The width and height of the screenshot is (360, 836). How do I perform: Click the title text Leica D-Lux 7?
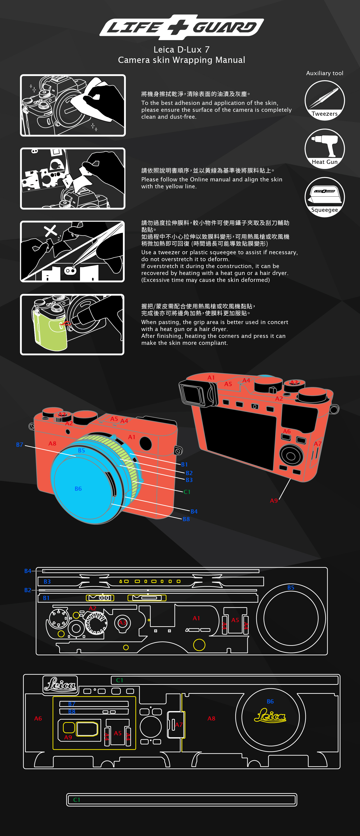(181, 50)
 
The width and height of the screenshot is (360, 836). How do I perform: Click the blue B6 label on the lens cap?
(78, 489)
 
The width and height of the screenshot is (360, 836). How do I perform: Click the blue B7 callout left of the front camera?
(20, 445)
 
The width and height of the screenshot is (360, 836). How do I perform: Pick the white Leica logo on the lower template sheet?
(60, 685)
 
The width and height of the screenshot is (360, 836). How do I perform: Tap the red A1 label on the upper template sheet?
(196, 618)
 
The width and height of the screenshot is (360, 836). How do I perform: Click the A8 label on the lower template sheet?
(211, 718)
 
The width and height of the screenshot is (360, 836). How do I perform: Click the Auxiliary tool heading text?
(324, 73)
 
